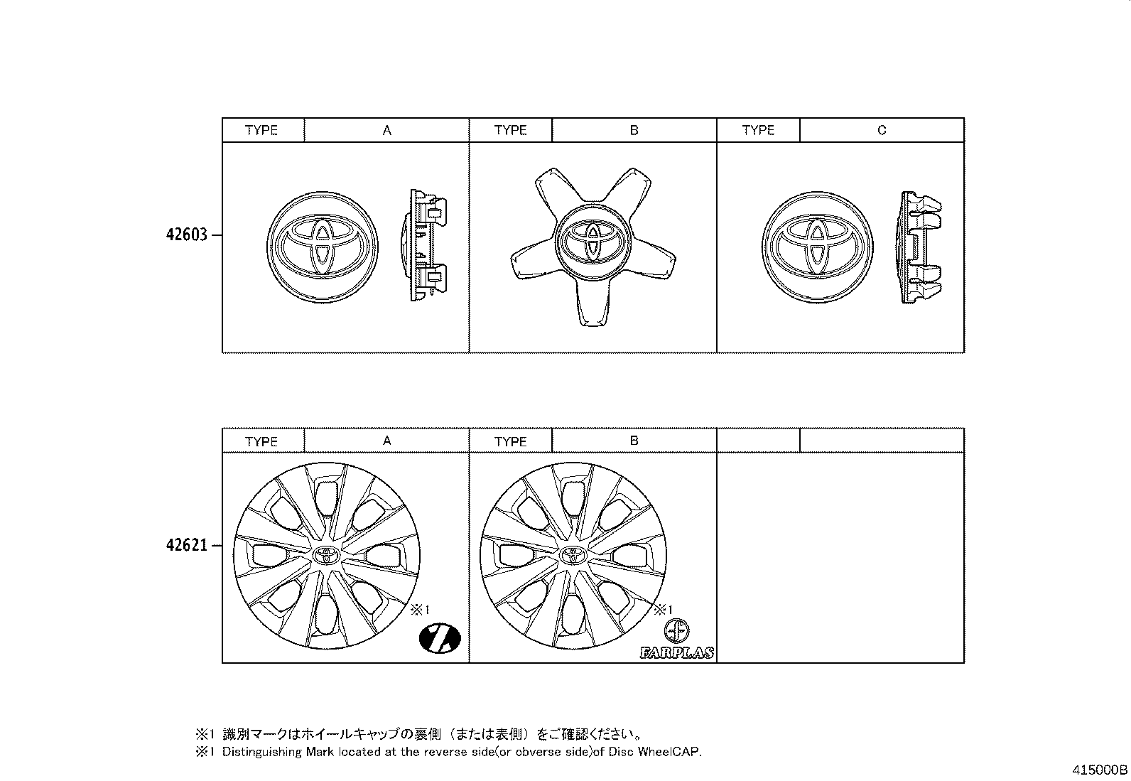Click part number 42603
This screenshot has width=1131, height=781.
[x=187, y=235]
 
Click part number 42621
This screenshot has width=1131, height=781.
[x=187, y=546]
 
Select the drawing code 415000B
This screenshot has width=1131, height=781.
[x=1100, y=770]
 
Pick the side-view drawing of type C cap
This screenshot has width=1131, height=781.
[x=921, y=249]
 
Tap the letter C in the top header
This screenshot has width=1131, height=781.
[x=882, y=130]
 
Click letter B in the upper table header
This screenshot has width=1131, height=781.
[x=634, y=130]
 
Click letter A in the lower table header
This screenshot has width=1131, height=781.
[x=387, y=441]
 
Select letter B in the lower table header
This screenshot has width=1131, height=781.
[x=634, y=441]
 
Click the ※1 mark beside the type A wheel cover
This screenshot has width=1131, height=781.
[x=420, y=609]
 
